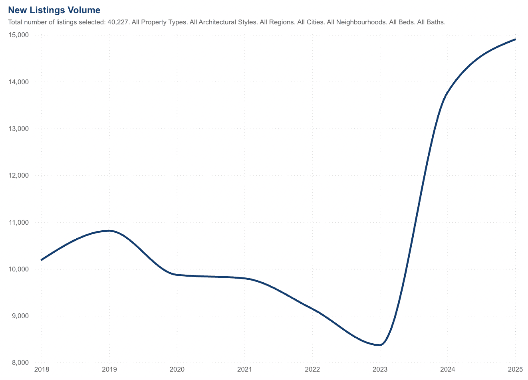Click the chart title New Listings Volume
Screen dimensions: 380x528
[54, 10]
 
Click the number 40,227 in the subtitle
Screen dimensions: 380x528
[118, 22]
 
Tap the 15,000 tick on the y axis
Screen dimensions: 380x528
[18, 35]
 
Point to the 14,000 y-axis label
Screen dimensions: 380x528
[18, 82]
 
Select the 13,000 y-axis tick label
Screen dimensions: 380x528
[18, 129]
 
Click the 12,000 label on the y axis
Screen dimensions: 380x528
[18, 175]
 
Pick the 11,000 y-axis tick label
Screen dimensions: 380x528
[18, 222]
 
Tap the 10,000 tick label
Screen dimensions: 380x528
[18, 269]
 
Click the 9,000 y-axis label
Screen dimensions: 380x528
[20, 316]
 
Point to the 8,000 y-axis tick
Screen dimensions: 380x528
[20, 362]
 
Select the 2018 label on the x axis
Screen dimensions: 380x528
[42, 370]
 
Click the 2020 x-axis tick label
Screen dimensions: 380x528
[177, 370]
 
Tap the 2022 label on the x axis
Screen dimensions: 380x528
[312, 370]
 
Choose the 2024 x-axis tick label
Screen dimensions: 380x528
[448, 370]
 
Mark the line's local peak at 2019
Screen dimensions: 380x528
[109, 231]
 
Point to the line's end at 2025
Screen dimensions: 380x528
[515, 40]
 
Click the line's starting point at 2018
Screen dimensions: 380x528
[42, 260]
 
